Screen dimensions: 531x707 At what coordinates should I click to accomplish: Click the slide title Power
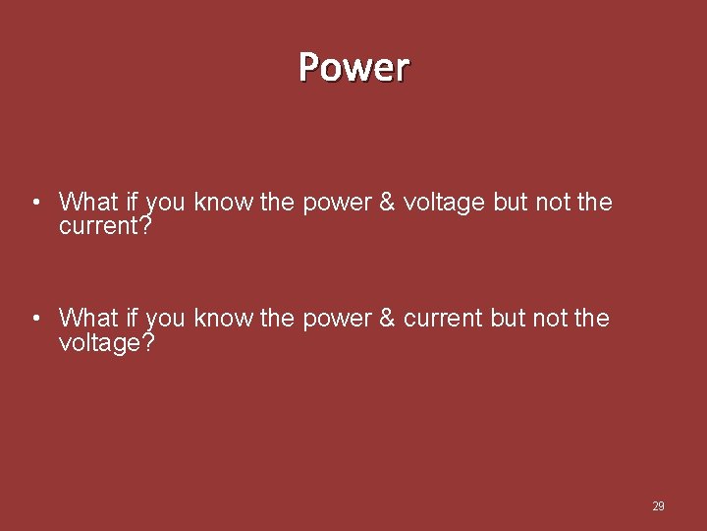(353, 67)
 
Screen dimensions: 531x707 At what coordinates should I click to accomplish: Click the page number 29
(658, 506)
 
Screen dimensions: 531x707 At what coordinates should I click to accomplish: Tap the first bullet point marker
(34, 204)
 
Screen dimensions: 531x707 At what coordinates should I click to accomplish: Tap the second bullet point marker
(34, 319)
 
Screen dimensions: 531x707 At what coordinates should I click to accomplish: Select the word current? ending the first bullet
(106, 227)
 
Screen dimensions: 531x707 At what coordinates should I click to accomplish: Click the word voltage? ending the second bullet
(106, 343)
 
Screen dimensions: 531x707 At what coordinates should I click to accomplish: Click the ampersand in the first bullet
(387, 203)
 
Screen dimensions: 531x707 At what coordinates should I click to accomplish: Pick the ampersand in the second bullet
(387, 319)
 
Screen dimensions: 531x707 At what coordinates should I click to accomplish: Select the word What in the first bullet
(88, 203)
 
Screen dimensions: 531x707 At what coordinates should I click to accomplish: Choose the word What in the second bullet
(88, 319)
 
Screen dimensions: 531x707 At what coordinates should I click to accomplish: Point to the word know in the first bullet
(224, 203)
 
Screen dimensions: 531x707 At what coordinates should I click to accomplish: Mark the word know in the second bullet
(224, 319)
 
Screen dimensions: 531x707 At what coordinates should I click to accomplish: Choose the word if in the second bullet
(132, 319)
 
